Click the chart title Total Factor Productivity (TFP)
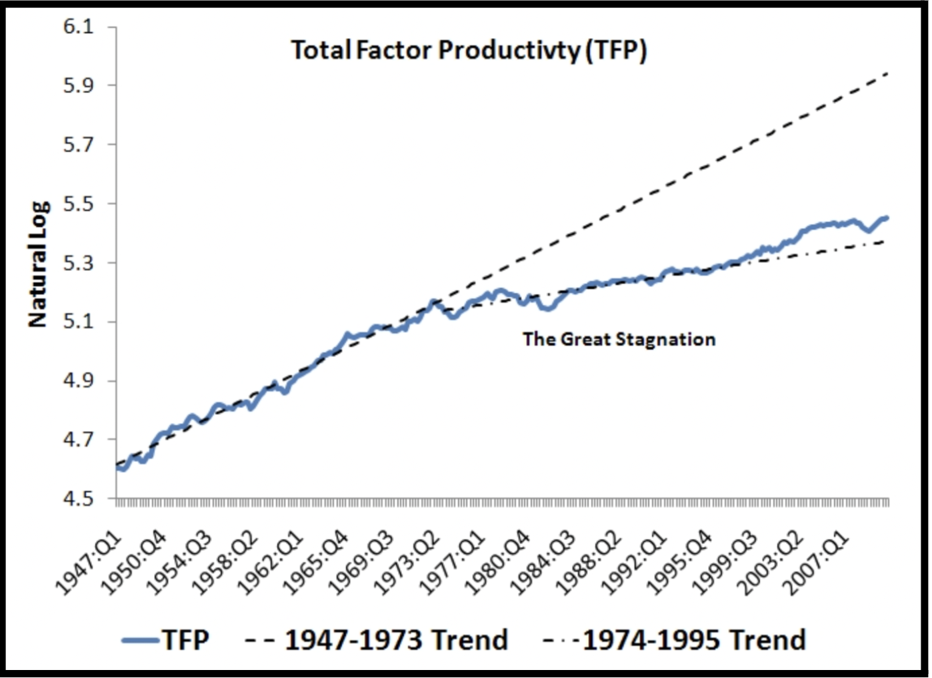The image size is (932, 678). pos(469,51)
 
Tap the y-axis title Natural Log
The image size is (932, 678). pos(38,264)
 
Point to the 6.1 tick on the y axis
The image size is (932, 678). pos(78,27)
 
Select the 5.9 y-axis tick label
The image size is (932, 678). pos(78,86)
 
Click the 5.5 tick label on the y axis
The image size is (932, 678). pos(78,204)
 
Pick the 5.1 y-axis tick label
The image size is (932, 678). pos(78,322)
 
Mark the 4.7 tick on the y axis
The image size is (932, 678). pos(78,440)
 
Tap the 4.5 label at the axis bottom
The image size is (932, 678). pos(78,498)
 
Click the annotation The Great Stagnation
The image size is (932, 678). pos(619,340)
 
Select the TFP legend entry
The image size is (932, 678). pos(167,640)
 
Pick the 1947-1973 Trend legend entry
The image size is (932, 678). pos(377,640)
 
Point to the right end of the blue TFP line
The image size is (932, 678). pos(887,218)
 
